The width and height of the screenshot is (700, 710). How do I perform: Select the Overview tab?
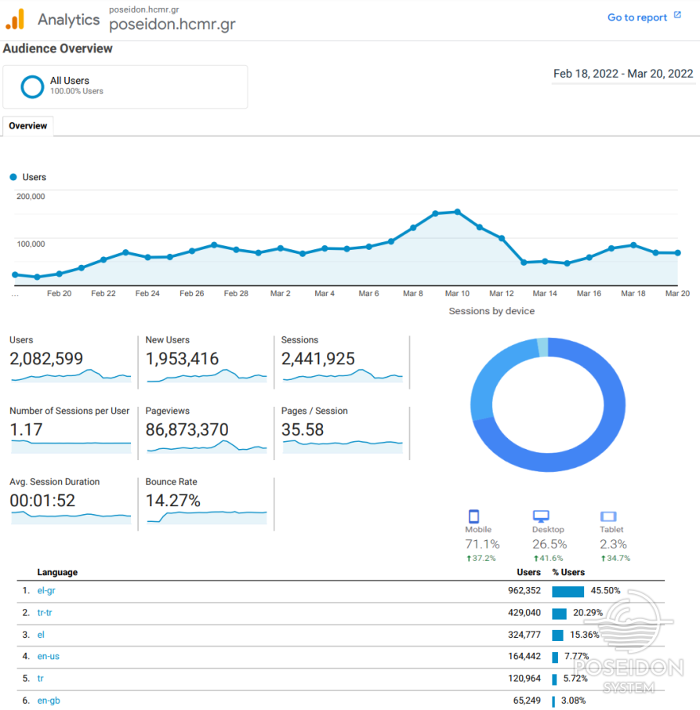28,125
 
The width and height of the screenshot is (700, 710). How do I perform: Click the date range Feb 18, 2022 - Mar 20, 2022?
623,74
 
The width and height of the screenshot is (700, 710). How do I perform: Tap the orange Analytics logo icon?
15,19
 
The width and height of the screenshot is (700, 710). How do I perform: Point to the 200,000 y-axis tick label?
31,196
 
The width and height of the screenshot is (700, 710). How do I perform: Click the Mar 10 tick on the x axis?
457,293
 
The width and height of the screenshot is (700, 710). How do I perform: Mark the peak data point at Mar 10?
457,212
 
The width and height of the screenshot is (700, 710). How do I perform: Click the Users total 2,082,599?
46,359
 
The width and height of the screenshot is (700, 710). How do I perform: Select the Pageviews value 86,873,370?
187,429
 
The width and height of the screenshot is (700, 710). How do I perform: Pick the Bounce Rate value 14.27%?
172,500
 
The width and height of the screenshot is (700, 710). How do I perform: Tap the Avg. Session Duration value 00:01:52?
42,500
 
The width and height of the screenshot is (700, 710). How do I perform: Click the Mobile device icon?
473,516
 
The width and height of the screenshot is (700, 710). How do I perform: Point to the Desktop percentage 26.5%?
549,544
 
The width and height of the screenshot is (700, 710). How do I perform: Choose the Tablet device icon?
608,516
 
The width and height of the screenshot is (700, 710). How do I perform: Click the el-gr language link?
46,591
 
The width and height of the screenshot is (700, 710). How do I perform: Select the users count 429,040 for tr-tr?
523,613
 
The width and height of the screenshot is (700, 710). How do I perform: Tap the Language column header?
57,572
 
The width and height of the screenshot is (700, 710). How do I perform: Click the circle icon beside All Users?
32,86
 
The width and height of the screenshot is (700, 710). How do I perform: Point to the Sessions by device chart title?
491,311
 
